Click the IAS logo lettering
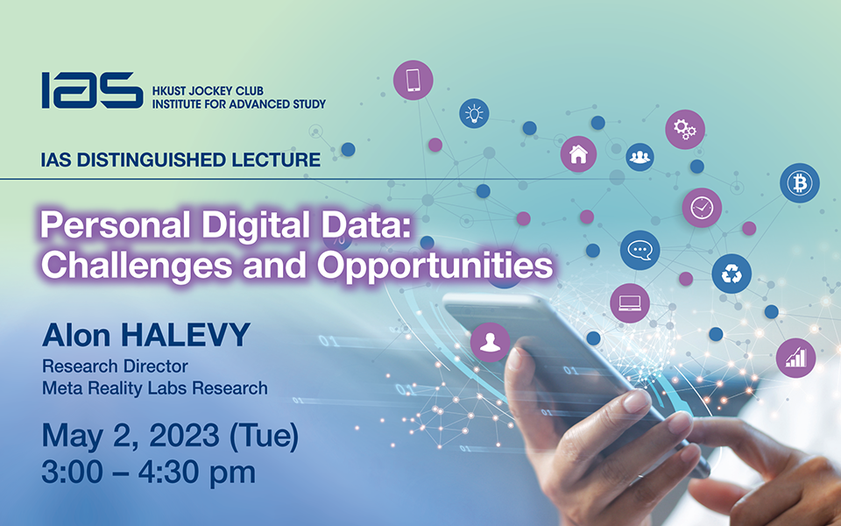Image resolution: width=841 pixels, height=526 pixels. (x=91, y=90)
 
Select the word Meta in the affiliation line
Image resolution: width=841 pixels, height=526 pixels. (x=60, y=387)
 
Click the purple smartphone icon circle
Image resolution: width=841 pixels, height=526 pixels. (x=413, y=80)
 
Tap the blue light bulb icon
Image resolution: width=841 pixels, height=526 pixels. (x=474, y=113)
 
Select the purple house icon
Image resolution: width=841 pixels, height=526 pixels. (x=578, y=154)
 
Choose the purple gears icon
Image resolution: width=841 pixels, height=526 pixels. (x=685, y=130)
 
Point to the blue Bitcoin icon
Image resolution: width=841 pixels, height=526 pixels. (x=800, y=183)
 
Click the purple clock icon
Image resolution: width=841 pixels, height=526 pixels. (x=702, y=208)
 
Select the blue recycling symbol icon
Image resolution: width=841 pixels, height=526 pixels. (x=731, y=274)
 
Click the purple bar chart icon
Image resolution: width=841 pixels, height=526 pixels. (x=795, y=358)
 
